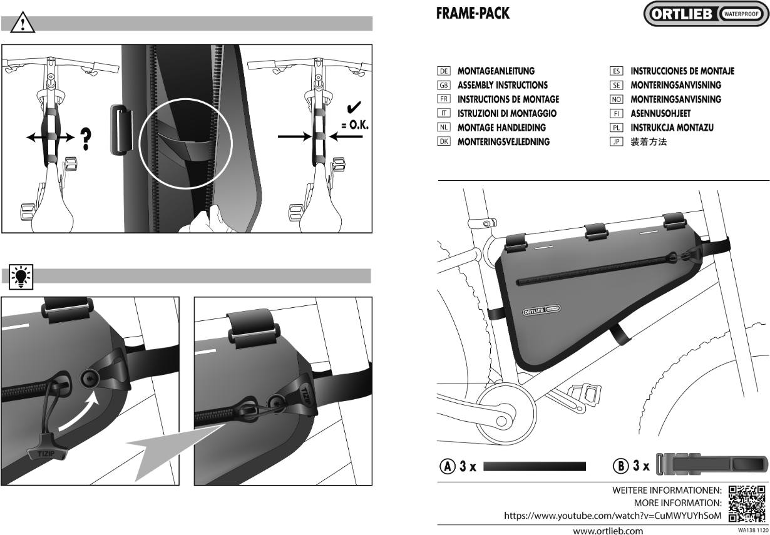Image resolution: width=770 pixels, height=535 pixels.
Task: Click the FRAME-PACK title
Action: [473, 13]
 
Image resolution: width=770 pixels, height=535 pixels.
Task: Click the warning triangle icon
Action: [22, 23]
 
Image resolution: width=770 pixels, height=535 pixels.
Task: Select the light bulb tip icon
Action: [22, 276]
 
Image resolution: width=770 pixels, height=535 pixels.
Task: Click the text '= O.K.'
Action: [355, 125]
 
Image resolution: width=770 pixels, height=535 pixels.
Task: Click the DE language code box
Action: [444, 71]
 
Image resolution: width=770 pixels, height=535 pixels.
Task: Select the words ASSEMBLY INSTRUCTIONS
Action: [502, 85]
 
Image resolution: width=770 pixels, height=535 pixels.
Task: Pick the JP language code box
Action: [616, 142]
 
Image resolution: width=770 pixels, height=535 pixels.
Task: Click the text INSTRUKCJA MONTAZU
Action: [672, 128]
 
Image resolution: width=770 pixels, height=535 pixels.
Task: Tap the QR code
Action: [747, 503]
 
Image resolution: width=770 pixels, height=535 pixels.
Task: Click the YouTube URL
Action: [612, 516]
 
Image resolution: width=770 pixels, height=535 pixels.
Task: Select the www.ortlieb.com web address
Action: [608, 531]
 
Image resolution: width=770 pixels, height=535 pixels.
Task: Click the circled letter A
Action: [447, 466]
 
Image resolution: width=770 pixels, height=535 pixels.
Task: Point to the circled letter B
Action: [620, 466]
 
